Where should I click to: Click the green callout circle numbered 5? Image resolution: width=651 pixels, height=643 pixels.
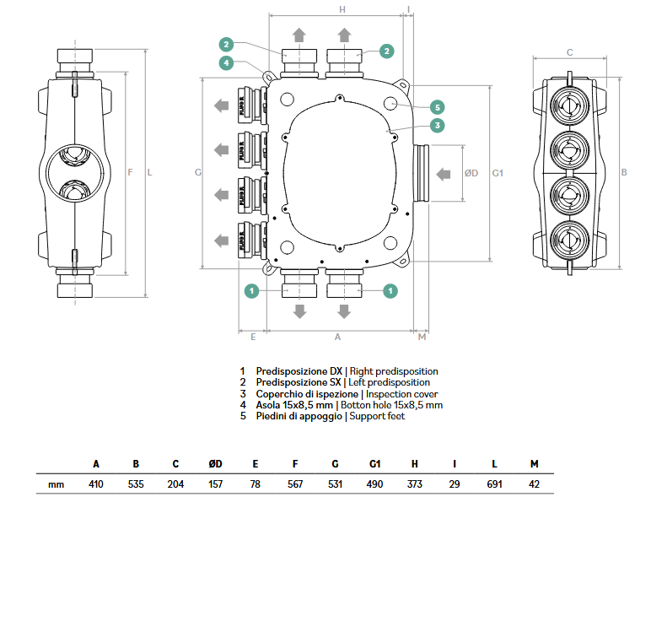click(x=437, y=107)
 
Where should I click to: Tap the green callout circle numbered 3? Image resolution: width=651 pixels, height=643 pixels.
click(x=437, y=126)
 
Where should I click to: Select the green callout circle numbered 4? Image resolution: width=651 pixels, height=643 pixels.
click(x=226, y=62)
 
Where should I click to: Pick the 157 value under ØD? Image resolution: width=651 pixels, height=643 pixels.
click(x=216, y=484)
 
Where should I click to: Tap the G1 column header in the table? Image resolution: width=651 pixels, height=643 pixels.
click(x=375, y=464)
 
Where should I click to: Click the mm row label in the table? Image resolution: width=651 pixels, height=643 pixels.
click(x=56, y=484)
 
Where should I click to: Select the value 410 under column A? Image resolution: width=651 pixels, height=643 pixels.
click(x=96, y=484)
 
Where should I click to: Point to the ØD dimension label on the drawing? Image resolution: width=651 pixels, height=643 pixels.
click(x=471, y=173)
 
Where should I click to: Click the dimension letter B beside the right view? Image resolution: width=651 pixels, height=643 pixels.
click(x=624, y=173)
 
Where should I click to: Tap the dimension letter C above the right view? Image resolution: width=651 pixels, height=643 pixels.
click(x=569, y=52)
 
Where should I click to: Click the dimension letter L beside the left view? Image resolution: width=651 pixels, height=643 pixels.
click(x=149, y=173)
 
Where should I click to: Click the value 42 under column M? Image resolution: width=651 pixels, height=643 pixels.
click(x=534, y=484)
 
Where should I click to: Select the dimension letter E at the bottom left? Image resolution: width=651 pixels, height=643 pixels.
click(x=253, y=337)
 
